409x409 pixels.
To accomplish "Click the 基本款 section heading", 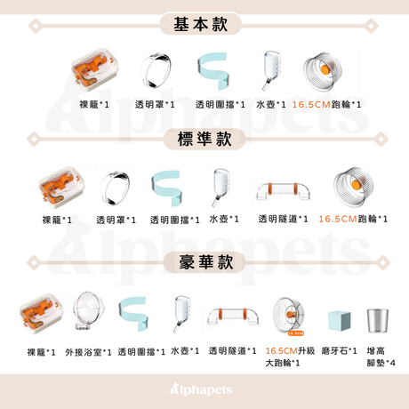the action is point(201,24).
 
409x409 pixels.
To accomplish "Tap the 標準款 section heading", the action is point(204,139).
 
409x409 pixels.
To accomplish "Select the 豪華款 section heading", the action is point(205,261).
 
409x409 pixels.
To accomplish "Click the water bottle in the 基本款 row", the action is point(271,70).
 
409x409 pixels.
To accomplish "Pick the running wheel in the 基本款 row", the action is point(323,71).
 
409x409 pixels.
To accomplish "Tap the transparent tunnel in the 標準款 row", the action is point(283,191).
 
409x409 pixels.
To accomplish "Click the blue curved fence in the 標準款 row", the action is point(166,188).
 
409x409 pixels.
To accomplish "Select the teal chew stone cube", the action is point(339,321).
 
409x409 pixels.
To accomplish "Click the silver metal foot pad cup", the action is point(377,321).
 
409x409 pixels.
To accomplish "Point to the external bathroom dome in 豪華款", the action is point(88,311).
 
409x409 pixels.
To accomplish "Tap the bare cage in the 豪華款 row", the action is point(41,314).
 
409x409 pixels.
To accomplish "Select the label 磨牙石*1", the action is point(339,351).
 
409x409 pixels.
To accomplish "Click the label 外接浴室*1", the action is point(88,352).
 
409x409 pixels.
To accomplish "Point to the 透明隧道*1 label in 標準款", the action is point(283,219).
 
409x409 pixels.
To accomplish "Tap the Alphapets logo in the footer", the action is point(201,389).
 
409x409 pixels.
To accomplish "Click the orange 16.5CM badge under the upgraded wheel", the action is point(296,333).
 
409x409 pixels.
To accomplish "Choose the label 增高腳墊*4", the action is point(381,357).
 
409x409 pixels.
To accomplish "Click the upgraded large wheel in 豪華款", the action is point(289,316).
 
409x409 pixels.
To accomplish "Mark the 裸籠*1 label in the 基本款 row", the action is point(94,104).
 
